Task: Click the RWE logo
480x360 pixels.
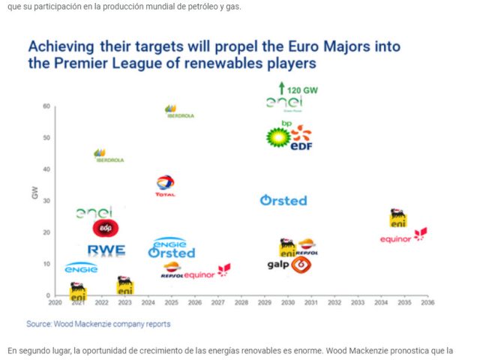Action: click(106, 250)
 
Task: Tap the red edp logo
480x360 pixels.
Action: click(106, 228)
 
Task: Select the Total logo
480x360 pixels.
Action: click(166, 185)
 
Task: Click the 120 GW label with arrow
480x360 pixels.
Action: click(298, 88)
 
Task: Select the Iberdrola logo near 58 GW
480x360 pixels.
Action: click(180, 112)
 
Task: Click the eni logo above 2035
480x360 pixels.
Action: click(399, 218)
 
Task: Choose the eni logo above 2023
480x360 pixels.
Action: click(125, 286)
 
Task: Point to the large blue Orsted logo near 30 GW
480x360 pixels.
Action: click(283, 200)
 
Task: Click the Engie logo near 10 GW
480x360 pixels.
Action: click(81, 267)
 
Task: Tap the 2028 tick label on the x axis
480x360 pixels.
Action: click(241, 303)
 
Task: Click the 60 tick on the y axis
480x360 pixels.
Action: click(46, 106)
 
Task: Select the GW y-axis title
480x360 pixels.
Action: click(34, 193)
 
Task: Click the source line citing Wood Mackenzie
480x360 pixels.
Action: click(98, 324)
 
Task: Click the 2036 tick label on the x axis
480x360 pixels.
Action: click(427, 303)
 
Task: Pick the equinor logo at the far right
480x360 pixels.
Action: click(403, 238)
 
